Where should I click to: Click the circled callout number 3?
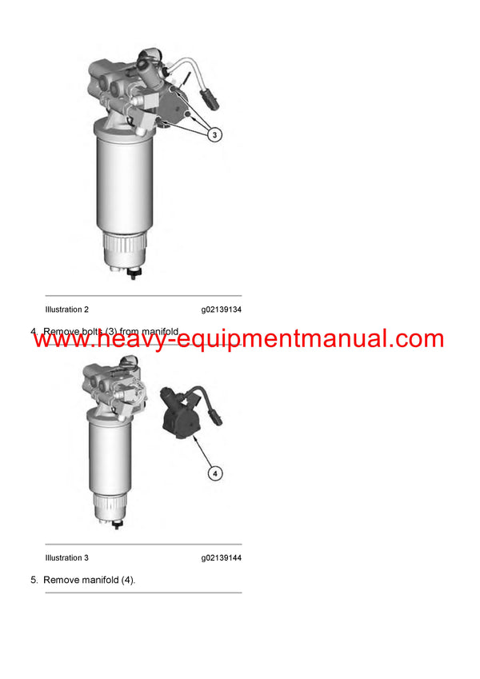215,135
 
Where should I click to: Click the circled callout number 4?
214,473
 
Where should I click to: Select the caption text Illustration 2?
67,310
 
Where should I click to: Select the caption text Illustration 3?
67,558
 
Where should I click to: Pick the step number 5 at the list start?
34,580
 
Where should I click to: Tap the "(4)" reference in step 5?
127,580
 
